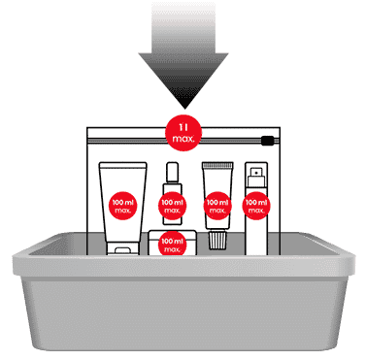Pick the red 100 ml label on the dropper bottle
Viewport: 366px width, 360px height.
(x=171, y=205)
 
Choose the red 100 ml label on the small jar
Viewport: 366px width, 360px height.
(x=171, y=244)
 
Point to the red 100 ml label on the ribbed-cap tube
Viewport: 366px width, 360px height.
(x=216, y=204)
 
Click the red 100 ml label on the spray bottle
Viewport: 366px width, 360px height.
(x=256, y=204)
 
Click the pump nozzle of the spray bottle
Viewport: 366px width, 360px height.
(x=256, y=172)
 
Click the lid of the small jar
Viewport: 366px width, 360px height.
(x=171, y=234)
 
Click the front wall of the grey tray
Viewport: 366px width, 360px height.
(x=183, y=311)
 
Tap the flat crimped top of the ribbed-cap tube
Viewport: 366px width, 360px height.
(x=216, y=166)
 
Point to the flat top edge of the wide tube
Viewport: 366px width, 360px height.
(x=123, y=164)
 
